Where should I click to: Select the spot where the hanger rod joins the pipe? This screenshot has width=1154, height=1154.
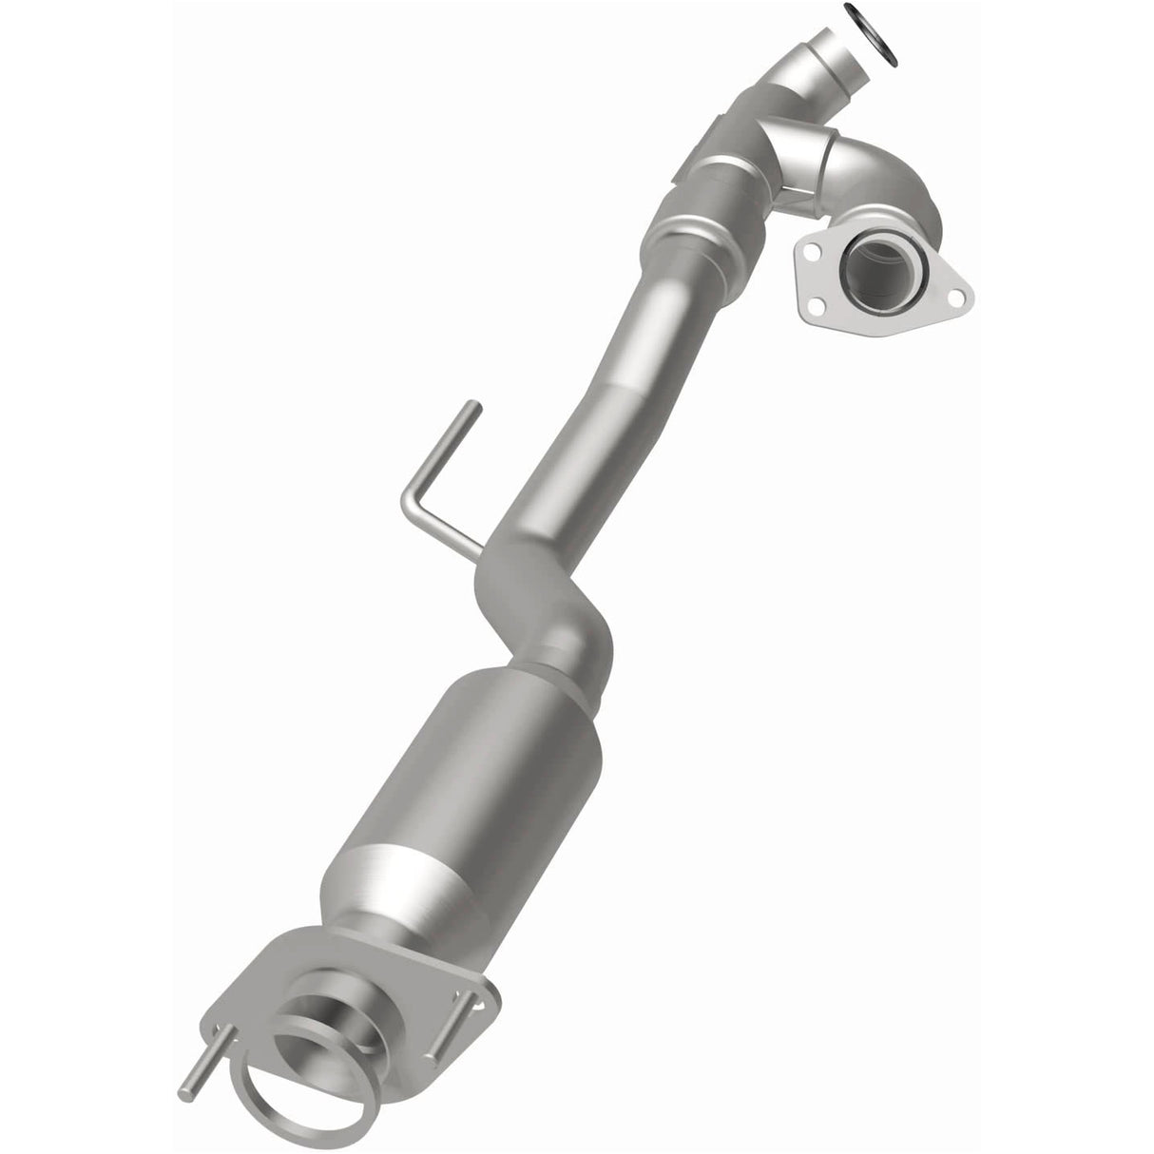(480, 554)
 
